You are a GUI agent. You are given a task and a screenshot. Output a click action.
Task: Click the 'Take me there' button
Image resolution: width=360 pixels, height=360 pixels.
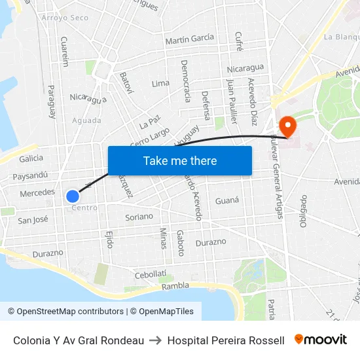[180, 160]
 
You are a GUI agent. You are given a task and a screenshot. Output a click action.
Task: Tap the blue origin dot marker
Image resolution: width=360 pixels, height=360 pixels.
[73, 196]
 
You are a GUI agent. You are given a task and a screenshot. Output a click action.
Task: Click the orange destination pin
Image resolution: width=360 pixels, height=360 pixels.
[287, 125]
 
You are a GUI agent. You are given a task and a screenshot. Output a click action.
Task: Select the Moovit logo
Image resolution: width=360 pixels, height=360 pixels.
[321, 340]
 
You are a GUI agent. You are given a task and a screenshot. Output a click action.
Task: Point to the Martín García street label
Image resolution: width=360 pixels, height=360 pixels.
[190, 39]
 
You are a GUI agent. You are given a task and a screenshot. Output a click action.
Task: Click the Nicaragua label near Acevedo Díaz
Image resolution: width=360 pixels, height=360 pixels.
[245, 68]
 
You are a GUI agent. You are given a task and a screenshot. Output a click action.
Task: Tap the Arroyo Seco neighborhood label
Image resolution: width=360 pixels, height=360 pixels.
[64, 18]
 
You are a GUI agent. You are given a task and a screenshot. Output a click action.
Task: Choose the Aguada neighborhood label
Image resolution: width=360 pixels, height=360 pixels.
[86, 120]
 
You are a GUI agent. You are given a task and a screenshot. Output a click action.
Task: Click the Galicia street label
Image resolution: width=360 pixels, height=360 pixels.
[31, 158]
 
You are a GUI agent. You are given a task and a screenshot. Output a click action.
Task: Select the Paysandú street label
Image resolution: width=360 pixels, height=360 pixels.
[31, 175]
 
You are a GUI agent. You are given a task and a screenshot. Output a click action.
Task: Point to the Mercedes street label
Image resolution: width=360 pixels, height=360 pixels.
[37, 193]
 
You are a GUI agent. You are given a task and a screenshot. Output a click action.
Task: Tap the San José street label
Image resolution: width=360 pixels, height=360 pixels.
[33, 220]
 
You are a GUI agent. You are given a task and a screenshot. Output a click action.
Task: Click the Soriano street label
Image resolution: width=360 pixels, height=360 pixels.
[139, 216]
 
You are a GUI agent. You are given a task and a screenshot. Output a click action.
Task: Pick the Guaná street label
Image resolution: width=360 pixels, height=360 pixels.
[227, 201]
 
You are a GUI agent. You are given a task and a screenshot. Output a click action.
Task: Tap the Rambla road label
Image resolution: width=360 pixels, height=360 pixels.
[175, 285]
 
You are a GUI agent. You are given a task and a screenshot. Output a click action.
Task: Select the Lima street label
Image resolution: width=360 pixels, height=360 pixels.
[160, 84]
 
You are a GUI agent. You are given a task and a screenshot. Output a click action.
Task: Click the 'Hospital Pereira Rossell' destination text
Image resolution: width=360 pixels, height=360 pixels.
[226, 340]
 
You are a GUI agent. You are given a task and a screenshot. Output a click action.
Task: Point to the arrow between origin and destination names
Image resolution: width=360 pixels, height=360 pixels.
[156, 340]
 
